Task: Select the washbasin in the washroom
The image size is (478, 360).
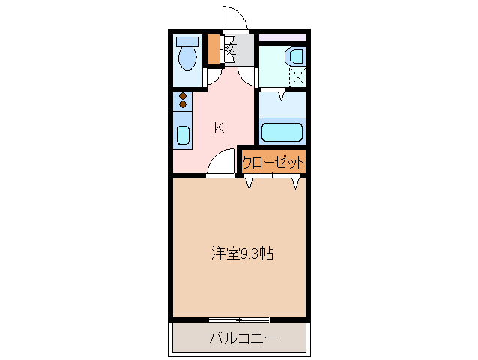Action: click(x=294, y=55)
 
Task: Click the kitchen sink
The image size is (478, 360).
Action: click(x=183, y=136)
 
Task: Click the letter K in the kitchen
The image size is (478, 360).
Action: click(x=219, y=127)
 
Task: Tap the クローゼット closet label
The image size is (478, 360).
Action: click(x=274, y=162)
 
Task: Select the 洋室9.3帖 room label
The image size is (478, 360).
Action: click(x=240, y=253)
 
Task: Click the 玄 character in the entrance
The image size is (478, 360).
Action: click(x=231, y=52)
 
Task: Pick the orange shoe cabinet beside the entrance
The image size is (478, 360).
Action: click(x=214, y=49)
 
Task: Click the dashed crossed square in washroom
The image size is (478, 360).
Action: click(x=297, y=76)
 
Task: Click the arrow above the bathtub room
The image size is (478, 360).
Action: click(x=282, y=95)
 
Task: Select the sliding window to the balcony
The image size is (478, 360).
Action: click(x=240, y=319)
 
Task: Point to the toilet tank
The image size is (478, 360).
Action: click(x=187, y=41)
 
